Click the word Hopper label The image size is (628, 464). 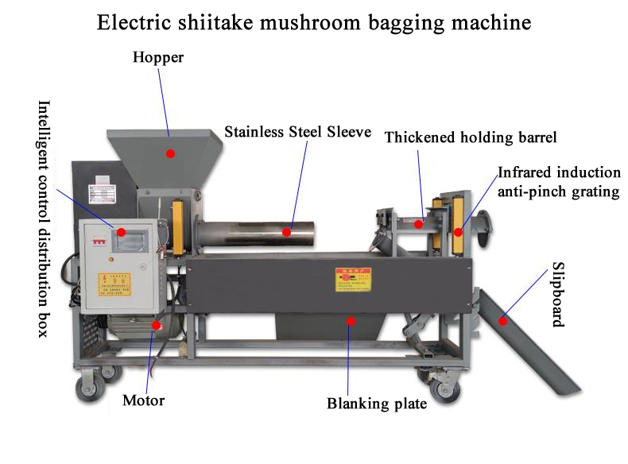[x=157, y=58]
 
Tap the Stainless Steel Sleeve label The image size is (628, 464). [x=297, y=132]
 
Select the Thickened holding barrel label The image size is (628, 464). [x=471, y=137]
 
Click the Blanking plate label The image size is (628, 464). [x=377, y=404]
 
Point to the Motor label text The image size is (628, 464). [x=143, y=400]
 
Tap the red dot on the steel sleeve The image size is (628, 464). [x=289, y=233]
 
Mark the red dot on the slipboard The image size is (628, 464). [x=502, y=321]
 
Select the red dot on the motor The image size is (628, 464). [x=157, y=324]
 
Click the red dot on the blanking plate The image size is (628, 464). [x=350, y=321]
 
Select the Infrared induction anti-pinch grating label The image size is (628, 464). [x=559, y=181]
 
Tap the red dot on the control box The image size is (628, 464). [x=122, y=232]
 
